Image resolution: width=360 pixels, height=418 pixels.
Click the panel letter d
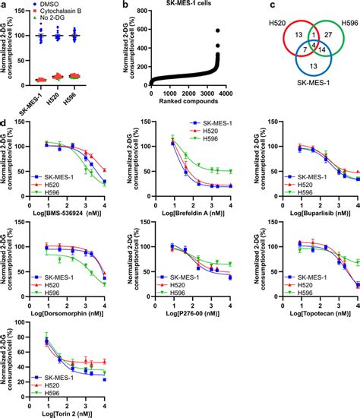(x=5, y=122)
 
